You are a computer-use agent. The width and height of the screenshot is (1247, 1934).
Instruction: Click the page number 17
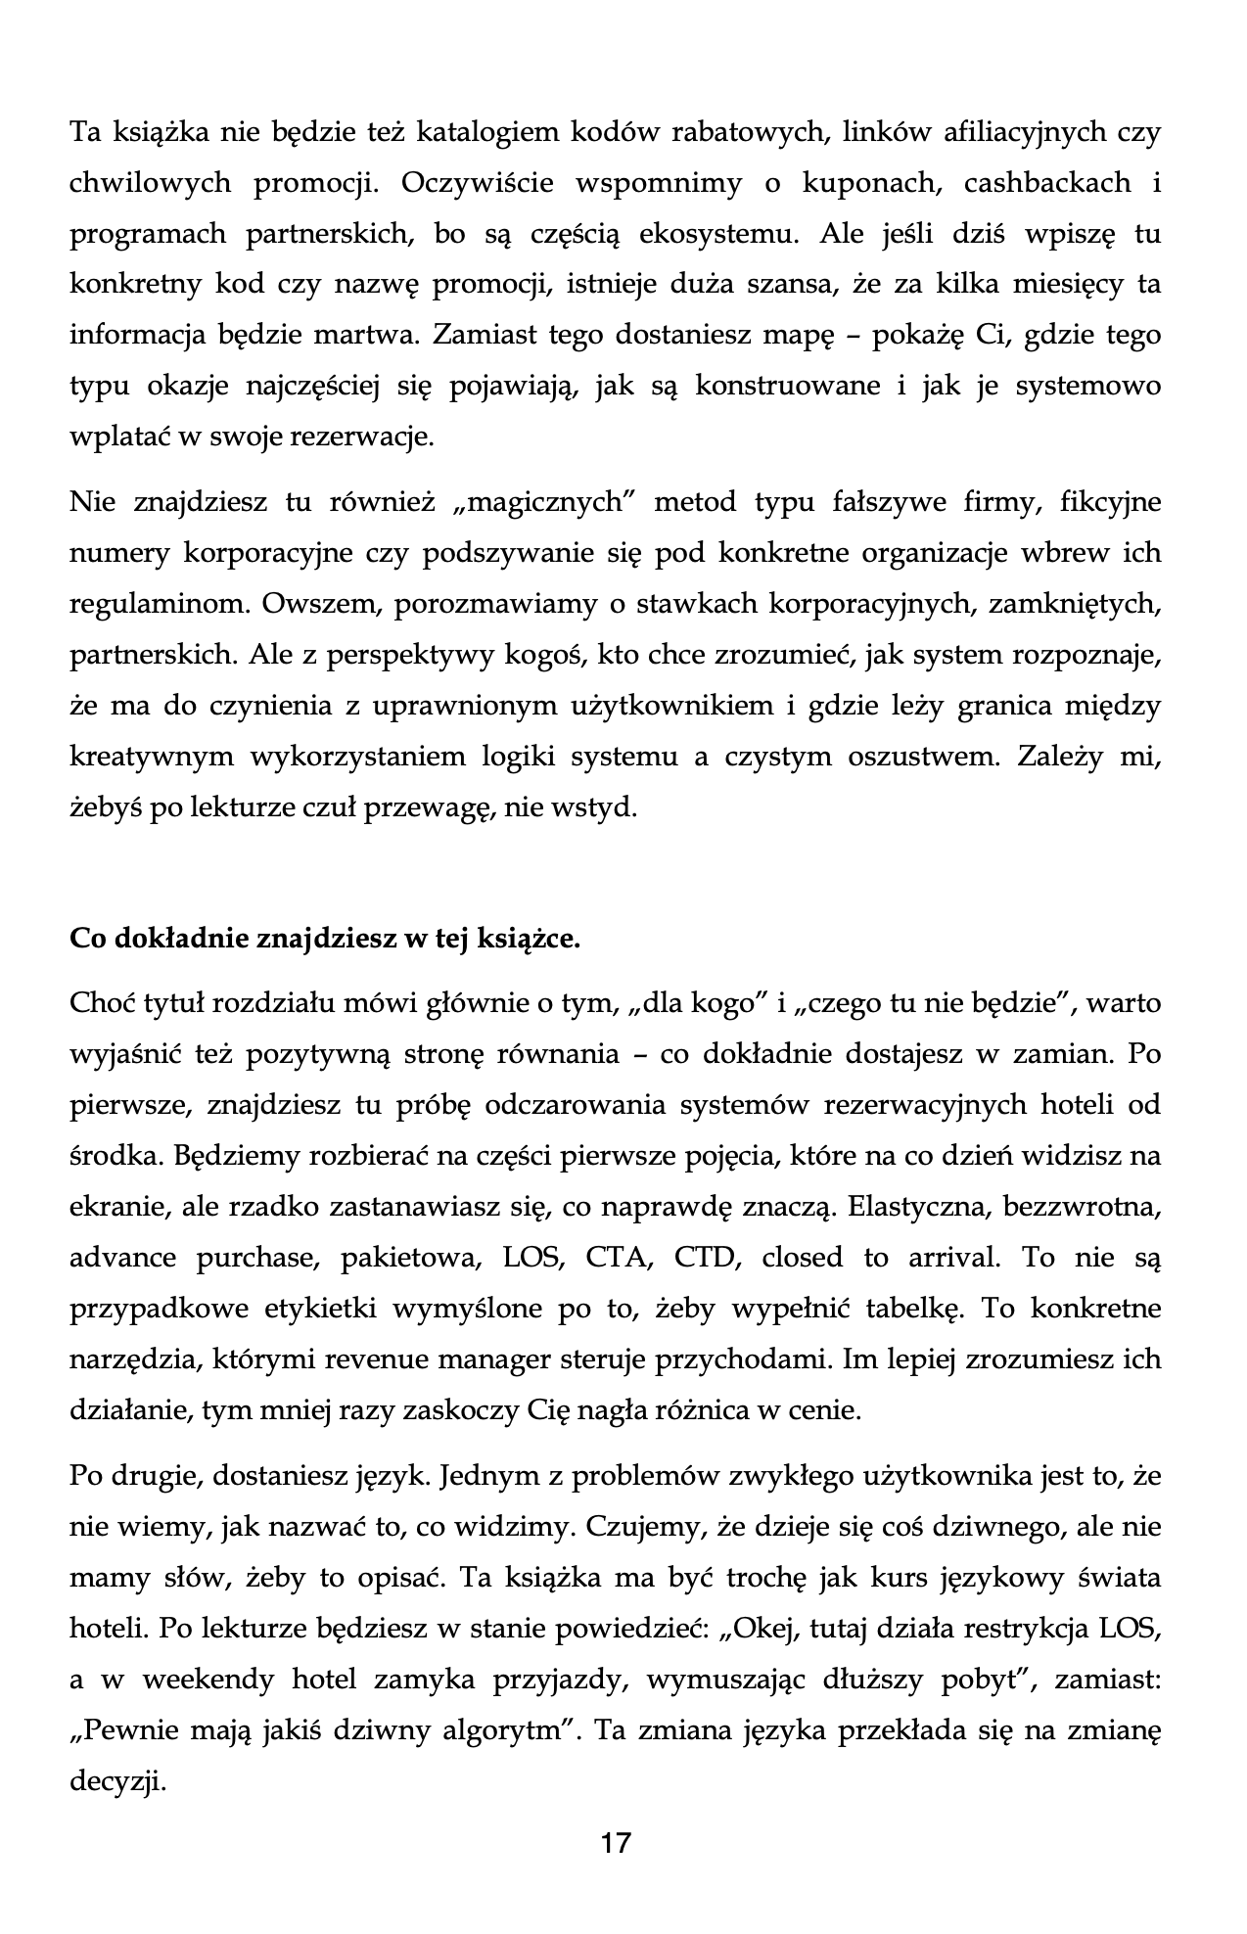616,1843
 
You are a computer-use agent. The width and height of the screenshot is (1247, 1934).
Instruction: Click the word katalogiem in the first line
483,132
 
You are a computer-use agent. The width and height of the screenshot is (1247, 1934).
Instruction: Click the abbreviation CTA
619,1258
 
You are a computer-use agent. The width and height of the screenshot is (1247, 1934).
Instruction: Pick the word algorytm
503,1731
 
